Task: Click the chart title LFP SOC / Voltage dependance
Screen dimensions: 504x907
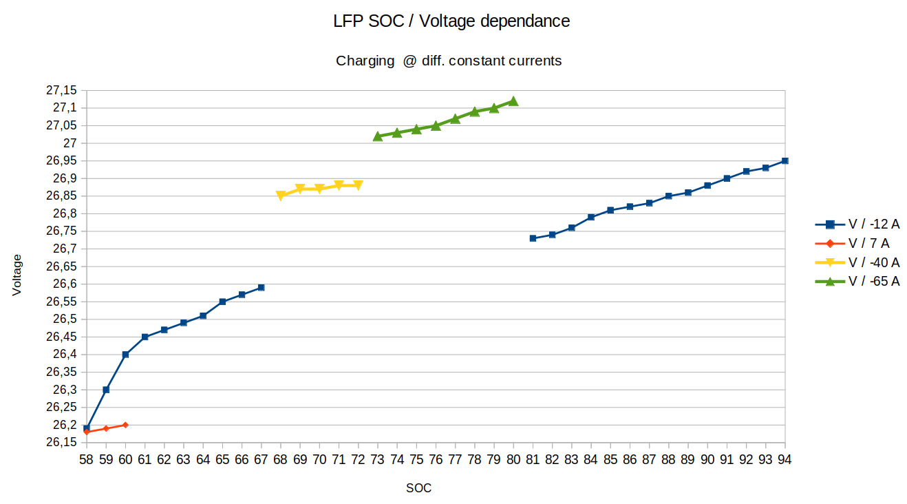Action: pos(451,21)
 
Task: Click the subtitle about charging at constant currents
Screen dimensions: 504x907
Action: pos(449,61)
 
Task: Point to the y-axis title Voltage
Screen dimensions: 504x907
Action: pos(17,275)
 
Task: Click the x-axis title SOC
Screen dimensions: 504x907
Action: pos(418,488)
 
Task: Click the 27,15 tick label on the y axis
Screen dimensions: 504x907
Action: pos(61,90)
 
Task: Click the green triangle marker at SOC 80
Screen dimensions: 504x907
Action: pos(513,101)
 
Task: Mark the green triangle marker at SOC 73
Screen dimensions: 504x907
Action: pos(378,136)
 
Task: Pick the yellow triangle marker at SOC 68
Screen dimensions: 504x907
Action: pos(281,196)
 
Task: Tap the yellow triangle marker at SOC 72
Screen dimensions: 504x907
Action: pos(358,185)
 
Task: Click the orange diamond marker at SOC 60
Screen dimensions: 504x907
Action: pos(125,425)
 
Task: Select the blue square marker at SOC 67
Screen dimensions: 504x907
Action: pos(261,288)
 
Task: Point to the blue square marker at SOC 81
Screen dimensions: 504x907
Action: pos(533,238)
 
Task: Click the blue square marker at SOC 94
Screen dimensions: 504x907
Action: pos(785,160)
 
